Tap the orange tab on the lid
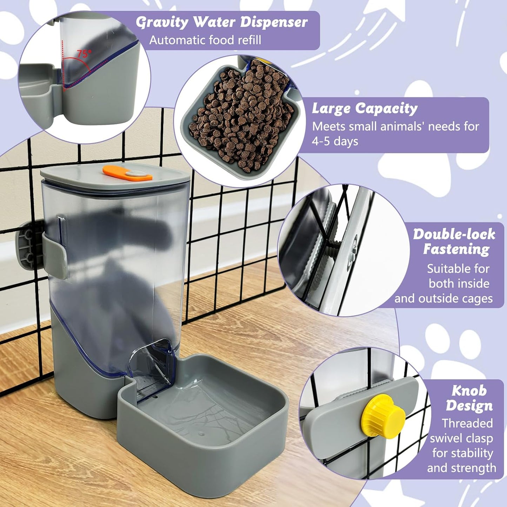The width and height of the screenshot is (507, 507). point(127,173)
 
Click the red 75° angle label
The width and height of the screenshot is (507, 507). point(84,54)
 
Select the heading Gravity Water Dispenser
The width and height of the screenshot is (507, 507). point(221,22)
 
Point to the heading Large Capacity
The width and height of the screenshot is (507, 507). point(365,108)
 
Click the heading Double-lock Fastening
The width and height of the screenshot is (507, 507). point(455,241)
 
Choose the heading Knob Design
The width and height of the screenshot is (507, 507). point(469,398)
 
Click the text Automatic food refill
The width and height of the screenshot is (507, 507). point(205,40)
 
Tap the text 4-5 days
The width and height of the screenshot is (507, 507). point(335,141)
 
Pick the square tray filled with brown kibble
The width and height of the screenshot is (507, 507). point(242,119)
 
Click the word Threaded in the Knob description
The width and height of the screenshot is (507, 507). point(467,423)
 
